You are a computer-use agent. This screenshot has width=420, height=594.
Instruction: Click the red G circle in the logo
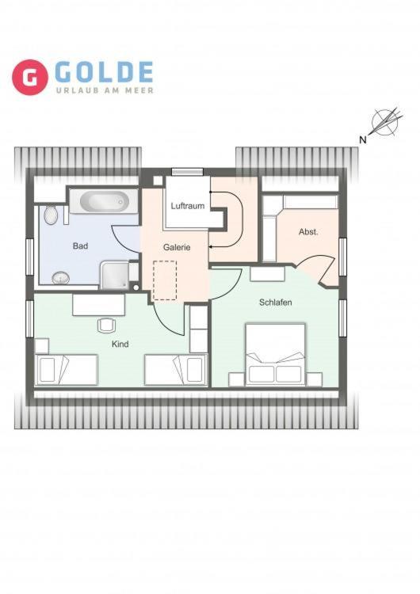pos(29,77)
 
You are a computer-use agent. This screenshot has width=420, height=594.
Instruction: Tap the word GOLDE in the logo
pos(105,72)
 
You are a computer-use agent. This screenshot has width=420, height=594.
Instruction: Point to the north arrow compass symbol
pos(386,121)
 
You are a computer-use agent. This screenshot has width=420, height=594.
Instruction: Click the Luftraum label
pos(188,206)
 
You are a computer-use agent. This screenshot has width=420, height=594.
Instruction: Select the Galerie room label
pos(177,247)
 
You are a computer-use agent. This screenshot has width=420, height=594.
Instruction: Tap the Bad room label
pos(80,246)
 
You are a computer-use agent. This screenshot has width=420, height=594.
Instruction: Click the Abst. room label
pos(308,232)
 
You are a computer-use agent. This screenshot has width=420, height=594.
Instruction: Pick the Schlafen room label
pos(276,303)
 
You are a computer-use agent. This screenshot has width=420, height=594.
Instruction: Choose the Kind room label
pos(120,344)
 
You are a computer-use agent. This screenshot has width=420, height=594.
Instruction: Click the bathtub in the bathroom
pos(105,201)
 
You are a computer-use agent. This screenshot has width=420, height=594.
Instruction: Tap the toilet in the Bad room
pos(51,215)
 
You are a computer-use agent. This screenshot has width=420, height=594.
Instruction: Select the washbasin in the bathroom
pos(61,278)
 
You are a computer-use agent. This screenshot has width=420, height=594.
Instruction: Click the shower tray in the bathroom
pos(114,275)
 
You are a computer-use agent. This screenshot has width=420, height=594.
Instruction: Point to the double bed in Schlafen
pos(275,355)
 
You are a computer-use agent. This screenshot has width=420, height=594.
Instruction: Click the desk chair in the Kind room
pos(106,326)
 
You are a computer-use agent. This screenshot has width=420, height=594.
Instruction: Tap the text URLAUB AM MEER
pos(105,90)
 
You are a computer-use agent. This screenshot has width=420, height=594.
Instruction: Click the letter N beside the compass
pos(363,139)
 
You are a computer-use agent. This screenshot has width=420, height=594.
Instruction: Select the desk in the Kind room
pos(98,305)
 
